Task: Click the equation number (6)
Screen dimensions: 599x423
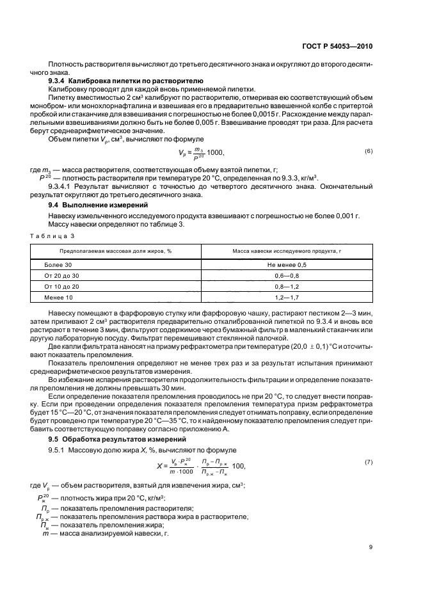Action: [x=368, y=150]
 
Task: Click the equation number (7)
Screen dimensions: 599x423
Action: [x=368, y=461]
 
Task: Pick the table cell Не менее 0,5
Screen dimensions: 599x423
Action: [x=287, y=264]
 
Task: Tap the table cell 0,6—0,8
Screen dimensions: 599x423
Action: [x=287, y=275]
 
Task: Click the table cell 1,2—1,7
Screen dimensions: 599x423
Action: [x=287, y=298]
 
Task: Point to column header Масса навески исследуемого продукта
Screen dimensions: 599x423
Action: [x=287, y=250]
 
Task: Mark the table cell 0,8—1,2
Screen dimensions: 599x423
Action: [x=287, y=287]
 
